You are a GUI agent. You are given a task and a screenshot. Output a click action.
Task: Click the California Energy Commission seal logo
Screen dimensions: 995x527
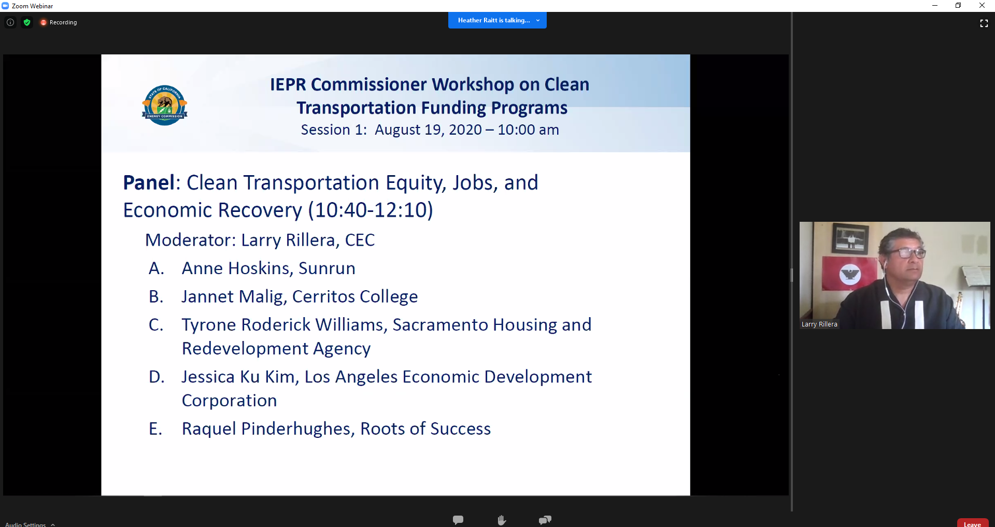pyautogui.click(x=165, y=105)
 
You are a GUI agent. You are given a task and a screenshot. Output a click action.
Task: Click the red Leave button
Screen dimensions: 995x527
pyautogui.click(x=973, y=523)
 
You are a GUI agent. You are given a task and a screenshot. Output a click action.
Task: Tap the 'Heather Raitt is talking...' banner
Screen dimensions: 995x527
pyautogui.click(x=497, y=20)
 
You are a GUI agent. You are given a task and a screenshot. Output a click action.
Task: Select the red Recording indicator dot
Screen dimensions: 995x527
pyautogui.click(x=44, y=22)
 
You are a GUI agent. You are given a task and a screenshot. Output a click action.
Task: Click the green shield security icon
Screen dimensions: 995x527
pyautogui.click(x=27, y=22)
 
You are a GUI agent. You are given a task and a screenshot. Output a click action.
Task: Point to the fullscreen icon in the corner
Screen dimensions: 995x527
pyautogui.click(x=984, y=23)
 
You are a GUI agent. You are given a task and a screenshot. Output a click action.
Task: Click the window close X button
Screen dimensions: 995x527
pyautogui.click(x=982, y=6)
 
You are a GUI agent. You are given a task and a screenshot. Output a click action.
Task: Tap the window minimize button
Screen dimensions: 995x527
pyautogui.click(x=935, y=6)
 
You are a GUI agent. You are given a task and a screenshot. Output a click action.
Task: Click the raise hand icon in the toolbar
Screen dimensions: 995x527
pyautogui.click(x=502, y=520)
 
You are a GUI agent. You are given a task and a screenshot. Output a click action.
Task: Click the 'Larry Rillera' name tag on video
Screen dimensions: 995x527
pyautogui.click(x=819, y=324)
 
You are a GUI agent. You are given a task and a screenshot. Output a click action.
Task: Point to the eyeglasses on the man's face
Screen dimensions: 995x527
pyautogui.click(x=906, y=253)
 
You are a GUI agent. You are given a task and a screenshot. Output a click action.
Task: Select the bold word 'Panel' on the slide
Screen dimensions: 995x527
pyautogui.click(x=149, y=183)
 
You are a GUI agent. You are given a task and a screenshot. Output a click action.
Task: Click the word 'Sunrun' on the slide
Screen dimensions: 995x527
pyautogui.click(x=327, y=268)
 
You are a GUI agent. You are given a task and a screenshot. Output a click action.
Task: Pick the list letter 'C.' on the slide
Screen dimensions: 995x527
pyautogui.click(x=156, y=325)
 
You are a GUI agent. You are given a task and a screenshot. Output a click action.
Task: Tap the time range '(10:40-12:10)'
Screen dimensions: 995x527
pyautogui.click(x=371, y=210)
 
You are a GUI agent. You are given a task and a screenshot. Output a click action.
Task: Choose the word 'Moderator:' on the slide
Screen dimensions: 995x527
pyautogui.click(x=191, y=240)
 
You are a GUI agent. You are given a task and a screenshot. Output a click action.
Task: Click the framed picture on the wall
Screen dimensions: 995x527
pyautogui.click(x=850, y=239)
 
